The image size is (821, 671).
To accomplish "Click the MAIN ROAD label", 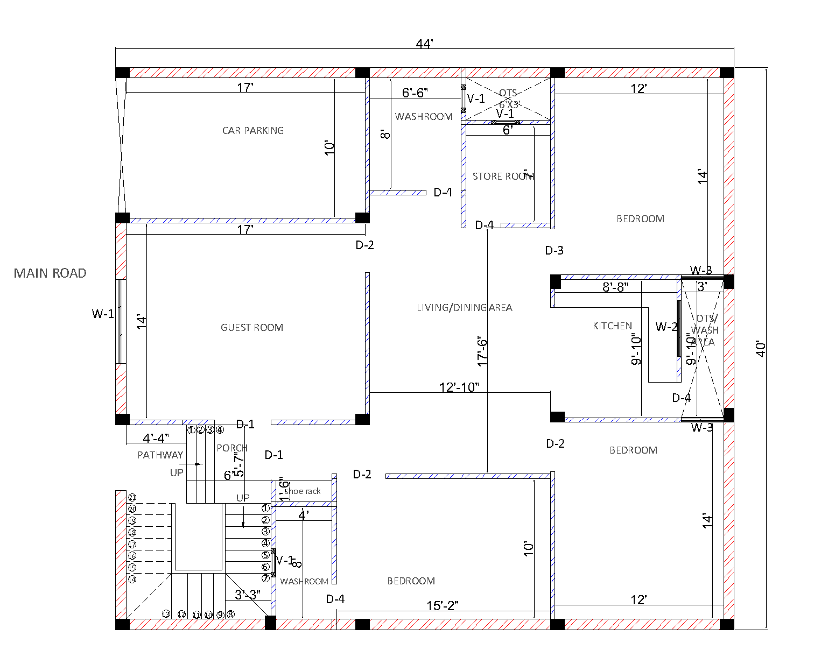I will coord(50,273).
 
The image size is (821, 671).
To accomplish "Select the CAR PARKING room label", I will coord(253,131).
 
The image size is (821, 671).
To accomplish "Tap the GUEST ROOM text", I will coord(252,328).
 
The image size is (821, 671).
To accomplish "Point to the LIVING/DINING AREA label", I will coord(464,308).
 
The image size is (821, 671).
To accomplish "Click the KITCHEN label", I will coord(612,326).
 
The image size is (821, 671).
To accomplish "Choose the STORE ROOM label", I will coord(503,176).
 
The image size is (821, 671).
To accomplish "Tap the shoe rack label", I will coord(303,491).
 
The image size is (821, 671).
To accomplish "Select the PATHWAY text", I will coord(160,455).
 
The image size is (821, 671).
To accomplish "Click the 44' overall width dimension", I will coord(424,44).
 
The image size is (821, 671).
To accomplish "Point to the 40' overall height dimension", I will coord(760,348).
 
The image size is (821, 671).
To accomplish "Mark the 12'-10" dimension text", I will coord(459,387).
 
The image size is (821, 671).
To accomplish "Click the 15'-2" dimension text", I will coord(442,606).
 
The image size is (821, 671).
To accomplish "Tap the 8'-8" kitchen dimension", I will coord(615,287).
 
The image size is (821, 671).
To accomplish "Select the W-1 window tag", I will coord(103,314).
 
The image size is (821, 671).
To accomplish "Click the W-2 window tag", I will coord(666,327).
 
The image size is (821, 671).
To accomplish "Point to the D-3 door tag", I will coord(554,250).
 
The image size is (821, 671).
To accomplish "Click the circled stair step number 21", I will coord(132,498).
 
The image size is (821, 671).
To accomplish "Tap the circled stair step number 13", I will coord(166,614).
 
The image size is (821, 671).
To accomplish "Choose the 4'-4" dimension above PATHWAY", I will coord(156,439).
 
